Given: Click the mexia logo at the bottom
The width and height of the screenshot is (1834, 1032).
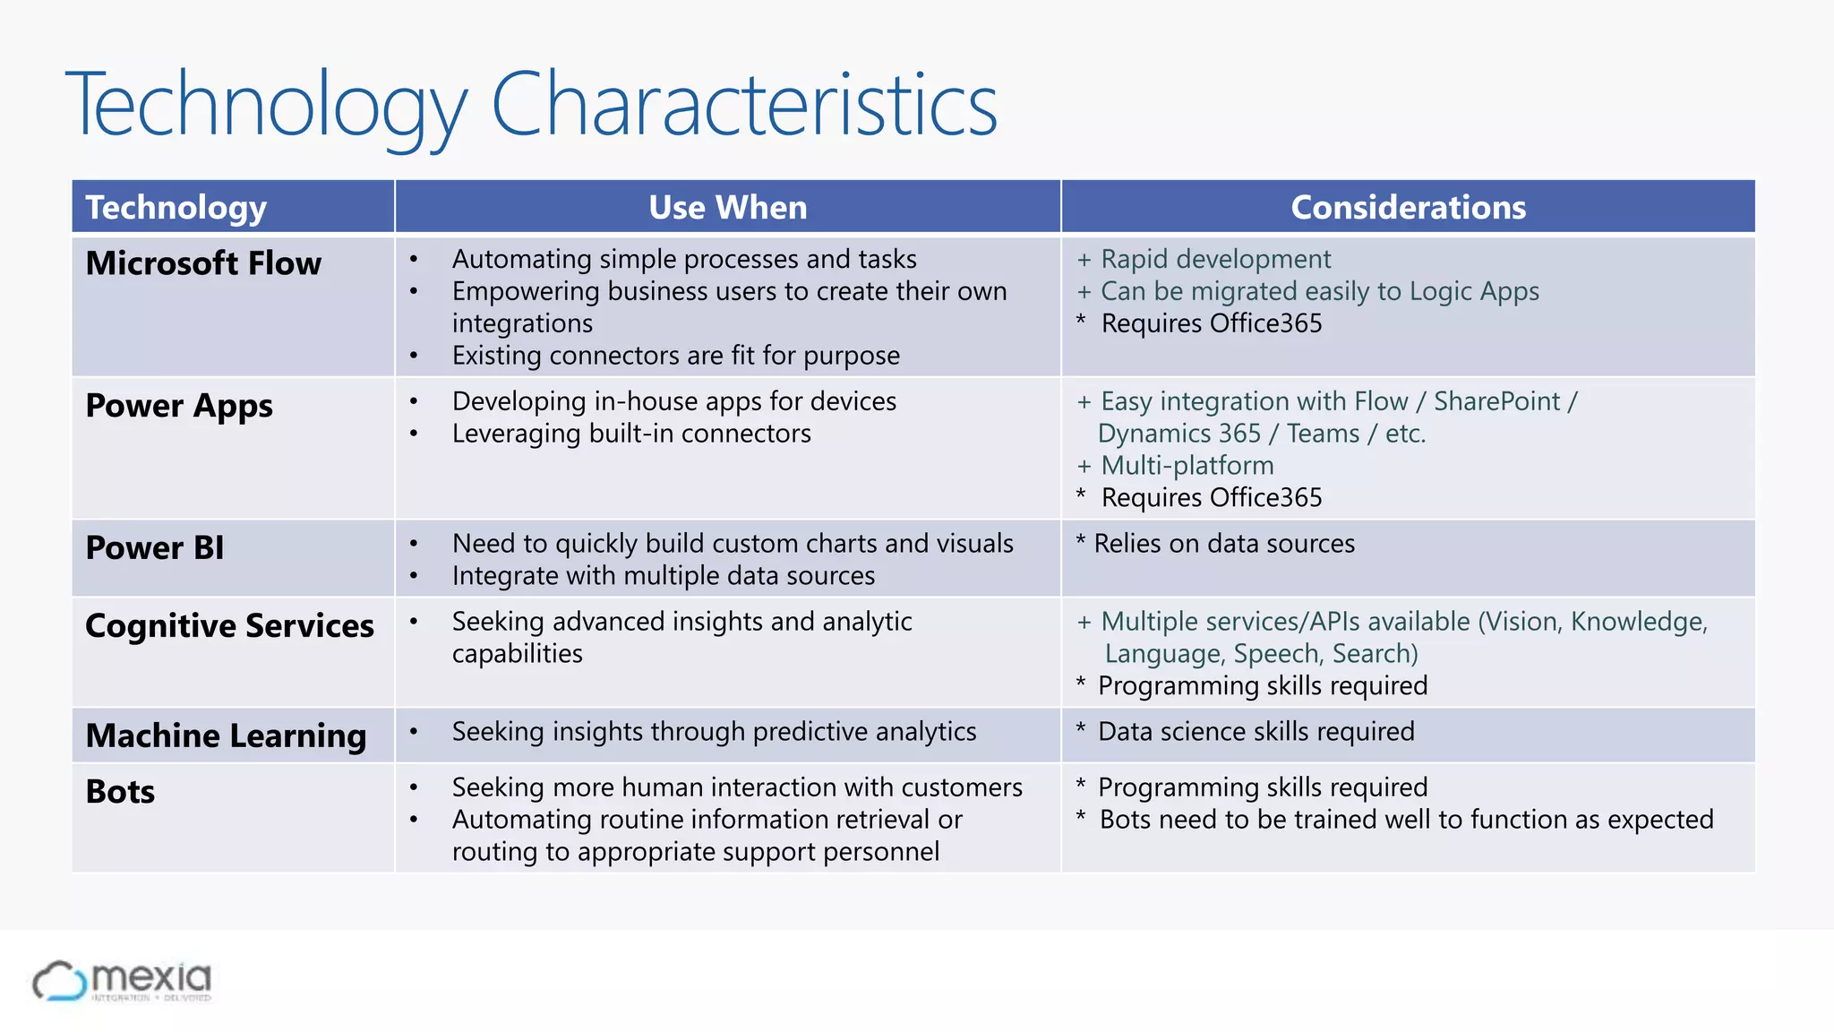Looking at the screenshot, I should [122, 981].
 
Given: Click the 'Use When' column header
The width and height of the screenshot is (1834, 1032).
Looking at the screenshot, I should [727, 207].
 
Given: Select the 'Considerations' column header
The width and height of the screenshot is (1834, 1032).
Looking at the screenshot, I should [1408, 207].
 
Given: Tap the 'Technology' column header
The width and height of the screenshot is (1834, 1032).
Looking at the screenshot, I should [176, 207].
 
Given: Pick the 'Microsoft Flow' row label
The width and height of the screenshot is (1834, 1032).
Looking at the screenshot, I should [203, 263].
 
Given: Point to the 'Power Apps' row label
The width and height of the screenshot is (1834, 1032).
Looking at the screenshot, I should [179, 406].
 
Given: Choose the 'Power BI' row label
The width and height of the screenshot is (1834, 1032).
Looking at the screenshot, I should [155, 547].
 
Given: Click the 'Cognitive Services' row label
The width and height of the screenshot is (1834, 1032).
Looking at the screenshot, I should [229, 625].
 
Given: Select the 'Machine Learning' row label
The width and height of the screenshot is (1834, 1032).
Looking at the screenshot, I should [226, 735].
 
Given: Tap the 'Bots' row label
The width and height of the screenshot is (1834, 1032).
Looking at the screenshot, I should [120, 792].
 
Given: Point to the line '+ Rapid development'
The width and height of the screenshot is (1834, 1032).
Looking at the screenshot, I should [1204, 259].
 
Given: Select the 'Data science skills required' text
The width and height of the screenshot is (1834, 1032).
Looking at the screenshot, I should [1256, 732].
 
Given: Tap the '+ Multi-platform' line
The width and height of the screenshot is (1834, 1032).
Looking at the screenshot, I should [1175, 466].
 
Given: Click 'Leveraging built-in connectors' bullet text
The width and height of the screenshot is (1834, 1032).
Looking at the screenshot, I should [631, 434].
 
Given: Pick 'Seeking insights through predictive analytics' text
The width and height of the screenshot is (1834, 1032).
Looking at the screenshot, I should [714, 732].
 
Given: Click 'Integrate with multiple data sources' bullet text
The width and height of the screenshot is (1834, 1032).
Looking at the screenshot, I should [664, 576].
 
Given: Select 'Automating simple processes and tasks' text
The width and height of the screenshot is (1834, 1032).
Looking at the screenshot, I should [684, 259].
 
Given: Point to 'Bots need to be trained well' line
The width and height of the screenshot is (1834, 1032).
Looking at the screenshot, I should [1406, 820].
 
